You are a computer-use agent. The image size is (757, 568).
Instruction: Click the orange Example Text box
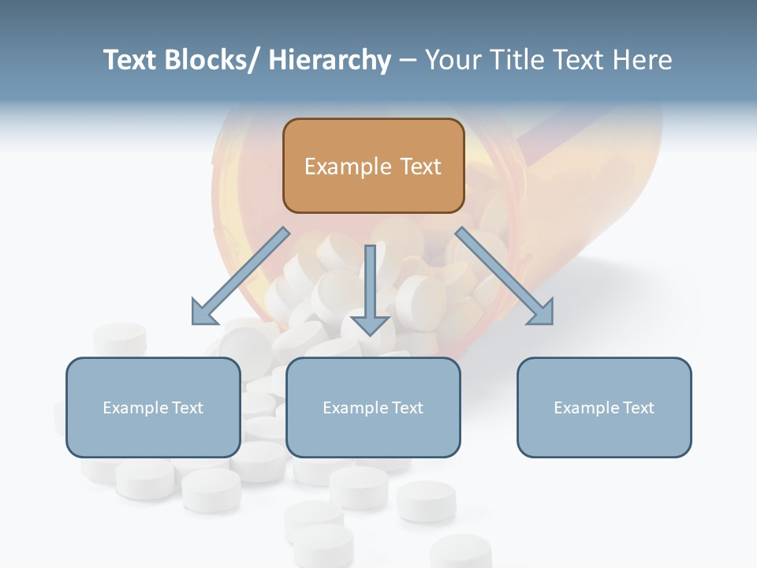(373, 166)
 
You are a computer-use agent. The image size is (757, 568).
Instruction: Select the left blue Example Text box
(153, 407)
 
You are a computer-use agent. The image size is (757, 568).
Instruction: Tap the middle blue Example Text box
(373, 407)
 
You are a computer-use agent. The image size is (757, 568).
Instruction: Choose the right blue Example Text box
(604, 407)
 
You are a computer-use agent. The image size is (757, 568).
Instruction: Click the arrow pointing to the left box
(241, 276)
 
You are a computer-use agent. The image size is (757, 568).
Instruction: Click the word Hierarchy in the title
(330, 60)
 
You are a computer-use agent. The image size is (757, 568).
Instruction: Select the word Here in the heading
(643, 60)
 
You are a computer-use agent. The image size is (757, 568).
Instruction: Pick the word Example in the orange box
(348, 166)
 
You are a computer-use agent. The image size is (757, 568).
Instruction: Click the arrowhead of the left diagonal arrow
(203, 313)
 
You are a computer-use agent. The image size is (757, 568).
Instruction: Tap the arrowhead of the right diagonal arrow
(542, 313)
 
